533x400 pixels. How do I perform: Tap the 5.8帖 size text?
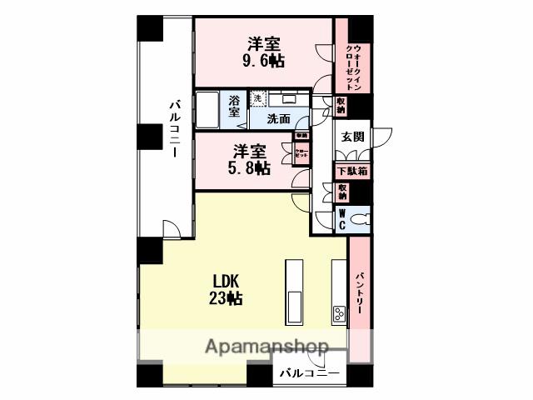251,167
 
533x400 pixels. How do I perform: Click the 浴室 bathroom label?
235,106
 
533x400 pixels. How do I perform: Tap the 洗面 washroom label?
278,119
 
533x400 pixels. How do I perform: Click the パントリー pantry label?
360,292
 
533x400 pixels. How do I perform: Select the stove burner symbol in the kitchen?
339,313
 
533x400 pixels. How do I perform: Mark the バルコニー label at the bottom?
309,372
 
